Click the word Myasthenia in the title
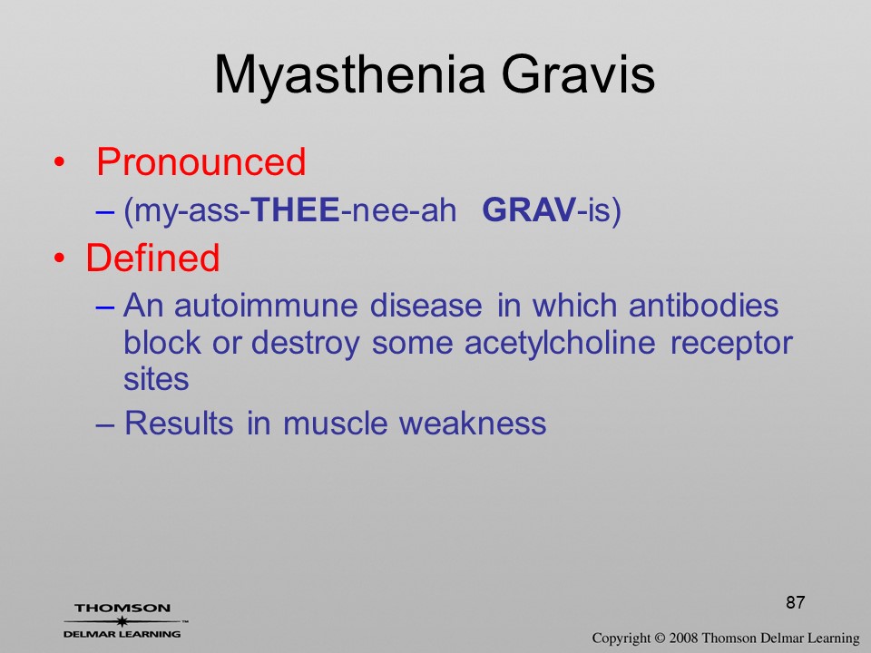point(350,76)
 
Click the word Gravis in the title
point(578,73)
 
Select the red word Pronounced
point(201,161)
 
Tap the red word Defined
point(152,258)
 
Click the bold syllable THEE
point(295,210)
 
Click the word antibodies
point(703,306)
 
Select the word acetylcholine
point(560,343)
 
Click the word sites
point(156,379)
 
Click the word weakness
point(473,424)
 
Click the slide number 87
point(796,602)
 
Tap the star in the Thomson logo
point(122,620)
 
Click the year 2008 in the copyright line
point(682,638)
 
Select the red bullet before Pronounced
point(60,162)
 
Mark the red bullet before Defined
point(60,258)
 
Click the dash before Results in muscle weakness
point(104,424)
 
